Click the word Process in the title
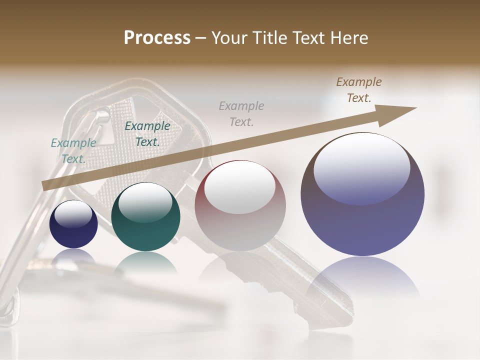pos(157,38)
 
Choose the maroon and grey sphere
pos(240,225)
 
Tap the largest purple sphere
pos(362,220)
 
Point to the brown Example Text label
pos(359,90)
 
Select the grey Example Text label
pos(241,113)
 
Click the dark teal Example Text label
pos(147,134)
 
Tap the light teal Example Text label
pos(73,150)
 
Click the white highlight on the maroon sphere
pos(240,186)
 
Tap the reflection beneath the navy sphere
pos(74,256)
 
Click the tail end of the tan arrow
pos(46,185)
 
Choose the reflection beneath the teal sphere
pos(145,262)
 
